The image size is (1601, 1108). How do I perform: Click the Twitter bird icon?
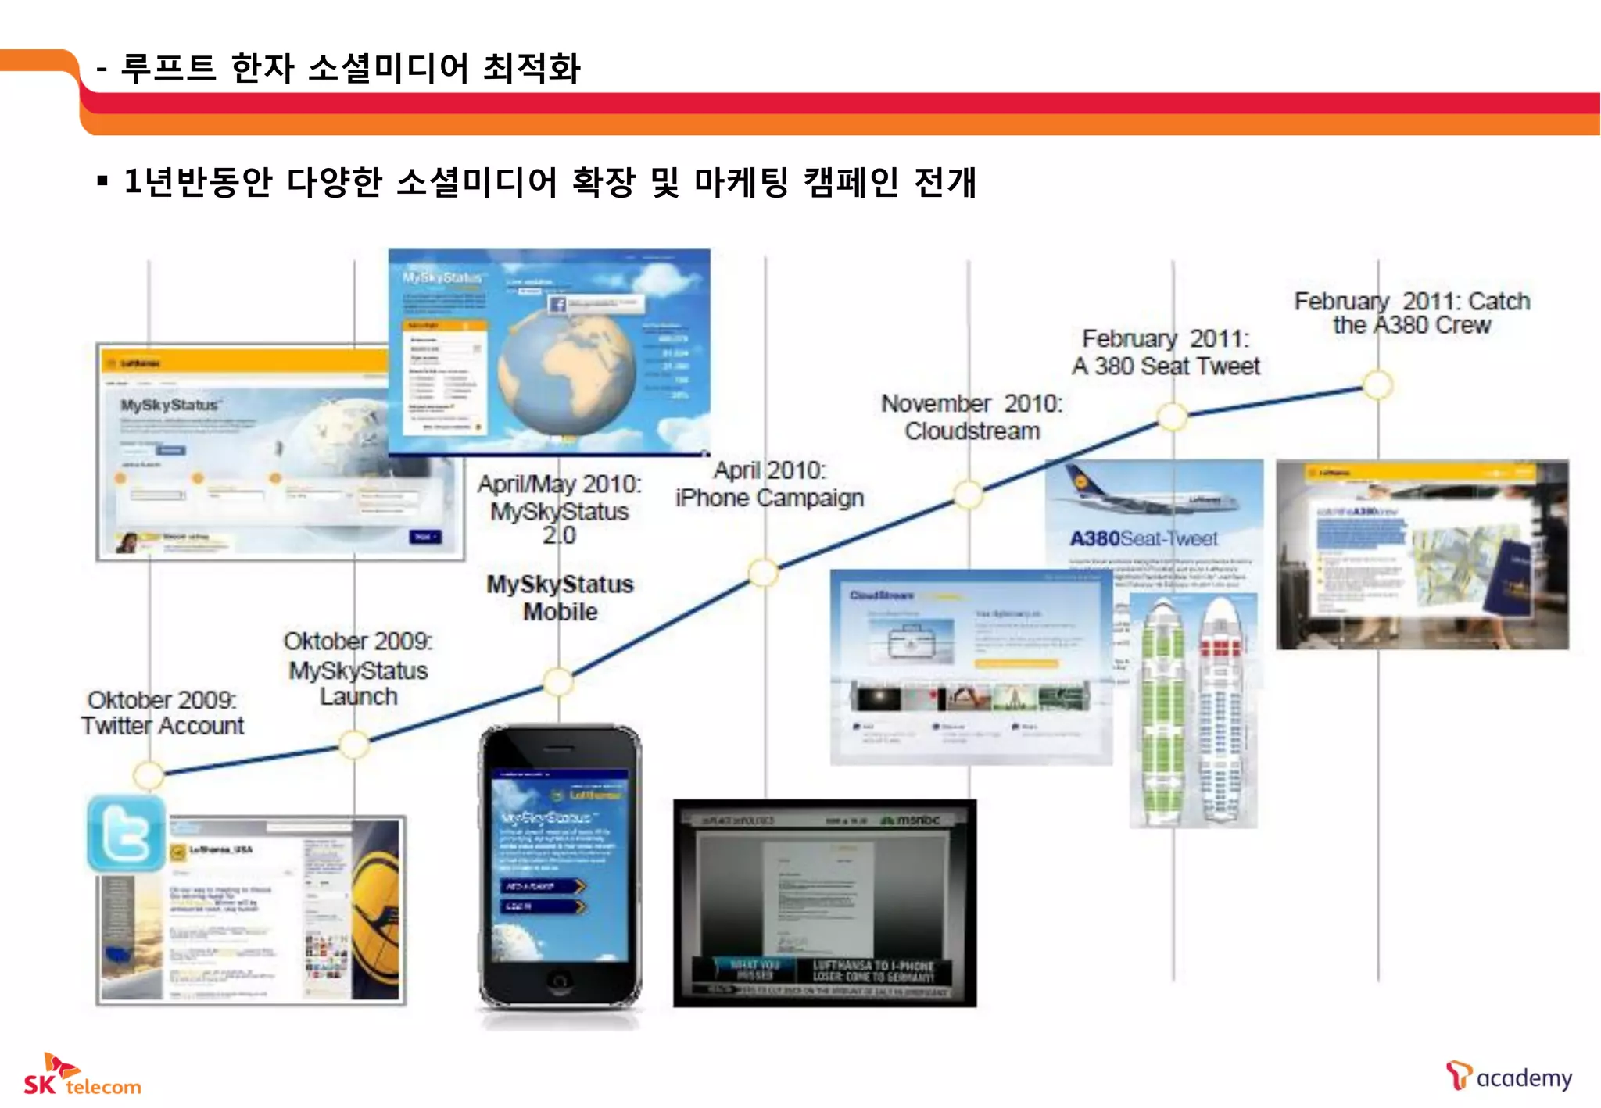(126, 833)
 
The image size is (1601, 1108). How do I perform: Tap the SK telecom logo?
(81, 1076)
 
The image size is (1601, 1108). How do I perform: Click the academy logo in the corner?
(1508, 1077)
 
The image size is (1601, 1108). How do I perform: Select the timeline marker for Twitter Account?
(149, 774)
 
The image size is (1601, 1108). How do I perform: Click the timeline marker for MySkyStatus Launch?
(354, 745)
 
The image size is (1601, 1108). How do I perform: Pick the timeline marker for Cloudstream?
(969, 494)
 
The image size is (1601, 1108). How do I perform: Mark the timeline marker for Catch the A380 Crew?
(1377, 384)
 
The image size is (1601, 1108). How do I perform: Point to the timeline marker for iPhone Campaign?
(764, 572)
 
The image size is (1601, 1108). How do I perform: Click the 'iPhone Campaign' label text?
(769, 498)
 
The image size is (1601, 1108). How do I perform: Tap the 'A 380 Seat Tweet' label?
(1166, 366)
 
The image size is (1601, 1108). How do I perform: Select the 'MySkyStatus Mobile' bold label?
(560, 598)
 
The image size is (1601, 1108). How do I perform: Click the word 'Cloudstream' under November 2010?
(972, 431)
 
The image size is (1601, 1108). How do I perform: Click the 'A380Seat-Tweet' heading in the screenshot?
(1143, 538)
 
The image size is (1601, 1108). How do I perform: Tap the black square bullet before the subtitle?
(102, 182)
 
